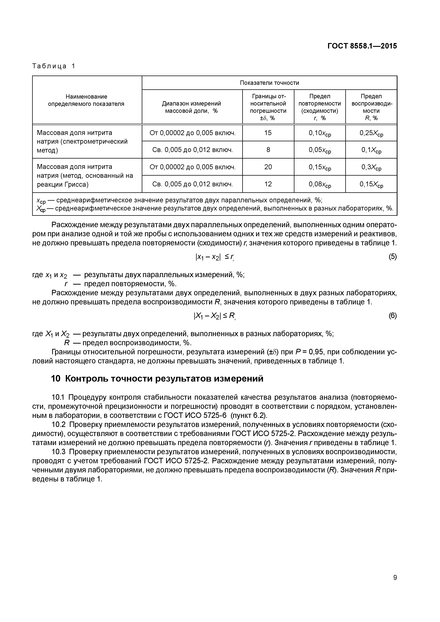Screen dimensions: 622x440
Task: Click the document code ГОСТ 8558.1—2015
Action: pos(362,46)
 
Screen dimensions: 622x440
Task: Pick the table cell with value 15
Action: pos(268,133)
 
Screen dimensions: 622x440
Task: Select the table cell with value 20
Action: pos(268,167)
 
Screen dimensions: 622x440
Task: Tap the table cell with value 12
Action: pos(268,184)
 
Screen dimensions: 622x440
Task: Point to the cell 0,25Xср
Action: pos(371,133)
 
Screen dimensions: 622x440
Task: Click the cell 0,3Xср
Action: pos(371,167)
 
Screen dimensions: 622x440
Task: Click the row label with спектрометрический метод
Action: pos(82,141)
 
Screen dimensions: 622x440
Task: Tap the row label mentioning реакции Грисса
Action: pos(85,176)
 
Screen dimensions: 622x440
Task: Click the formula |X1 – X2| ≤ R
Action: pos(214,316)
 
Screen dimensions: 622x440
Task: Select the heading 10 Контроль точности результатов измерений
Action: pos(157,379)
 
